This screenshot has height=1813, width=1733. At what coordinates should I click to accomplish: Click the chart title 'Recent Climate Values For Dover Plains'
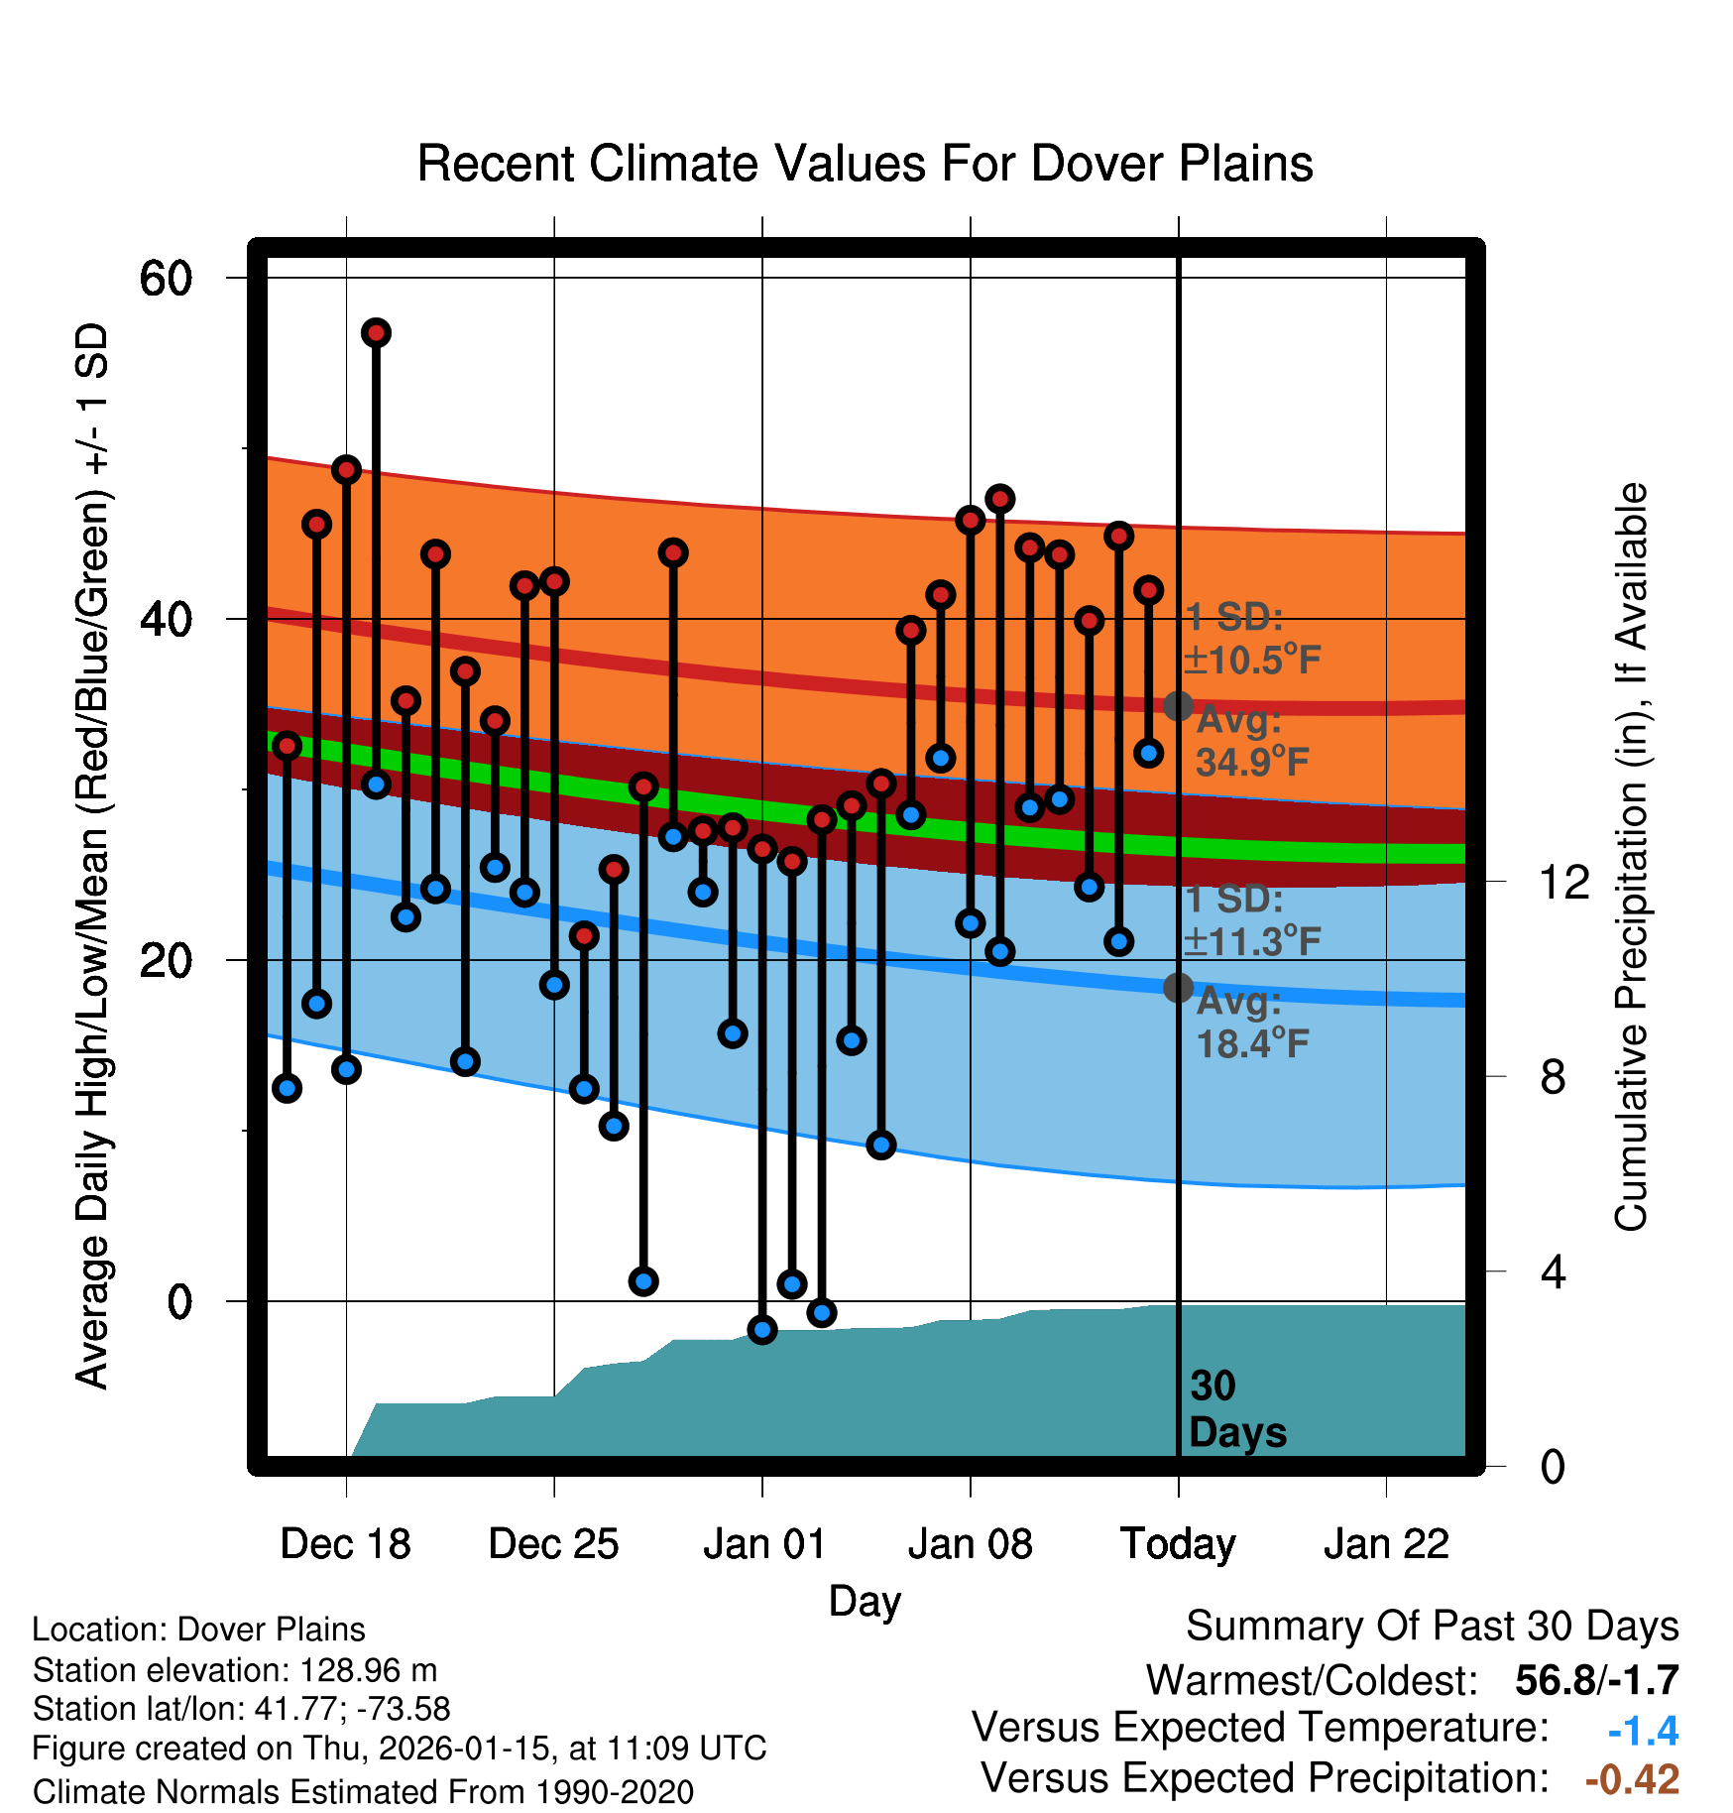865,164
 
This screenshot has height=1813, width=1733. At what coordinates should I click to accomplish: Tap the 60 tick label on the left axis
167,279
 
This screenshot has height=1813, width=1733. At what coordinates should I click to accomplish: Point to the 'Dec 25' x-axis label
553,1544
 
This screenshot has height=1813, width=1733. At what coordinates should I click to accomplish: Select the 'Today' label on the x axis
1178,1544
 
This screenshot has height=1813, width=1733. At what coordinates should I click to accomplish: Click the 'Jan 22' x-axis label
1386,1544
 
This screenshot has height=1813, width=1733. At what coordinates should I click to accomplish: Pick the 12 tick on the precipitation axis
1563,882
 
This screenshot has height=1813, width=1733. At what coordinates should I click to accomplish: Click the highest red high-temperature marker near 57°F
376,332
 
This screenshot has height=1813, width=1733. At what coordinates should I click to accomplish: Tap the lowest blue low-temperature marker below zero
762,1330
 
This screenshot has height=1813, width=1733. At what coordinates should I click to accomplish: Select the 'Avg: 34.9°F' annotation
1251,741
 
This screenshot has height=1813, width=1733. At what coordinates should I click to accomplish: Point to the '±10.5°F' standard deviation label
1251,660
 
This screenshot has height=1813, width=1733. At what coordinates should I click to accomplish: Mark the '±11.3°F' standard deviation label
1251,941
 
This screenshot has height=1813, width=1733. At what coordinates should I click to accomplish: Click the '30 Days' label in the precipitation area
1236,1409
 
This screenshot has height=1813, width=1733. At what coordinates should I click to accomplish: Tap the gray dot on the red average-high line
1178,706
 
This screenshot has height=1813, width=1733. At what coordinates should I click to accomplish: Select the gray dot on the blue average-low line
1178,988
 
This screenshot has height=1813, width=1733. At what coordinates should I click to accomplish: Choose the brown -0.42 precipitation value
1632,1779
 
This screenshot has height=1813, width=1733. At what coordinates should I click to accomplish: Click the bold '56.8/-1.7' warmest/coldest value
1596,1680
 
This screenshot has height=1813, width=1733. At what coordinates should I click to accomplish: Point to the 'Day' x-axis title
865,1601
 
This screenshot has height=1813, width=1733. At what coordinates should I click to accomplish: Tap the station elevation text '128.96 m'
368,1670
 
